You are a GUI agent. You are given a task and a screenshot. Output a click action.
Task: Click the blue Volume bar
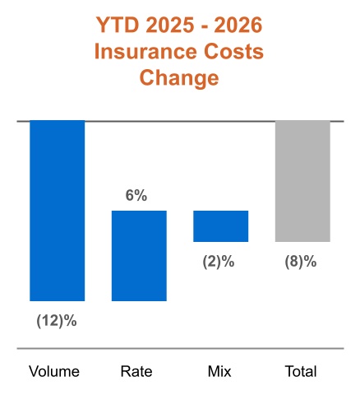point(58,211)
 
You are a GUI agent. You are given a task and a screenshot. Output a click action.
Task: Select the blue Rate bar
point(139,256)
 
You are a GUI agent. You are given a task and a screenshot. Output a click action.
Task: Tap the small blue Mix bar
point(221,226)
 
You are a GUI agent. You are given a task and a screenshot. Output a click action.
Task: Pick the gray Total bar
point(302,181)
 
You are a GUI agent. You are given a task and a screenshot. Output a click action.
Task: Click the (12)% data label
point(57,320)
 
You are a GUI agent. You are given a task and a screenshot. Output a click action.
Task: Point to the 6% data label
point(136,196)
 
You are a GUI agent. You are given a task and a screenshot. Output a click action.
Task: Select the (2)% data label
point(219,262)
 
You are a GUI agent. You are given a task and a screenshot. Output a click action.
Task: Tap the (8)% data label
point(301,262)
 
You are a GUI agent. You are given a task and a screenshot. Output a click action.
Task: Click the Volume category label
point(54,371)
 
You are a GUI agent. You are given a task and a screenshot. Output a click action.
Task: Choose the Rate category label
point(136,371)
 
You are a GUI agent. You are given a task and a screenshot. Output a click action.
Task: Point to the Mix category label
point(219,371)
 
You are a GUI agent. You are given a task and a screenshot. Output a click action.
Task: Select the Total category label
point(301,371)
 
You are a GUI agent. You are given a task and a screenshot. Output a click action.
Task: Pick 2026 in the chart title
point(238,25)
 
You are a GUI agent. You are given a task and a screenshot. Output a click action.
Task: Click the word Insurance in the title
point(145,51)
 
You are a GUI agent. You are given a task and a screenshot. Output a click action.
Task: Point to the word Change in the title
point(179,78)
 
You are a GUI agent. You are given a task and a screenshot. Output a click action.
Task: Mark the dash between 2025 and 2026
point(204,27)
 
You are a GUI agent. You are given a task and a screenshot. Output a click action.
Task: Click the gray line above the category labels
point(180,349)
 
